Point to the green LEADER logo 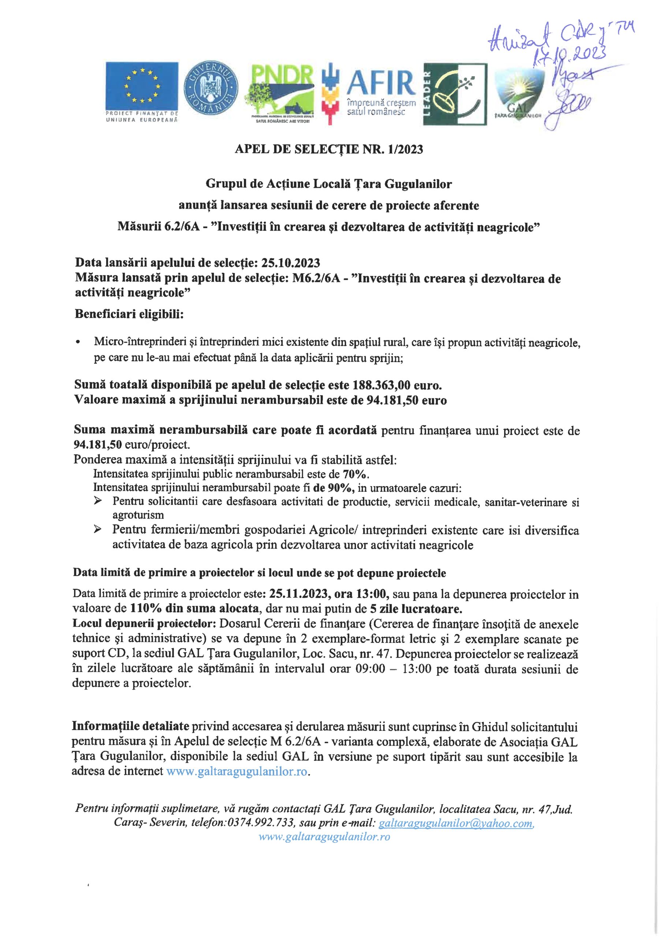click(x=455, y=94)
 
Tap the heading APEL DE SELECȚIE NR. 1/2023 click(x=329, y=150)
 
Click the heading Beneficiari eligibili click(x=130, y=315)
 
